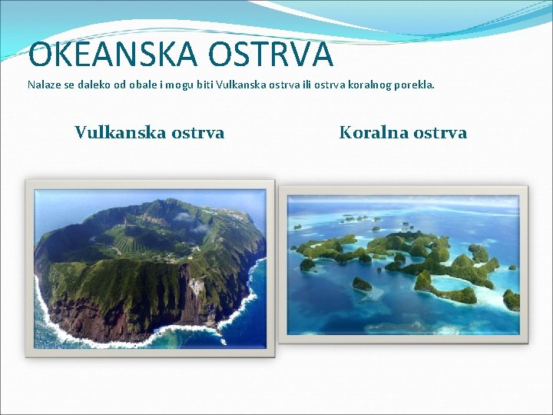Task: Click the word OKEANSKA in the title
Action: pos(104,55)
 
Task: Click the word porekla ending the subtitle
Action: pos(416,85)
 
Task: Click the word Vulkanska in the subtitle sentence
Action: pos(243,85)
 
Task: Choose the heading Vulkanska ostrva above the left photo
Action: pos(149,132)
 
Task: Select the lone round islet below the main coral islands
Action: pos(362,284)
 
